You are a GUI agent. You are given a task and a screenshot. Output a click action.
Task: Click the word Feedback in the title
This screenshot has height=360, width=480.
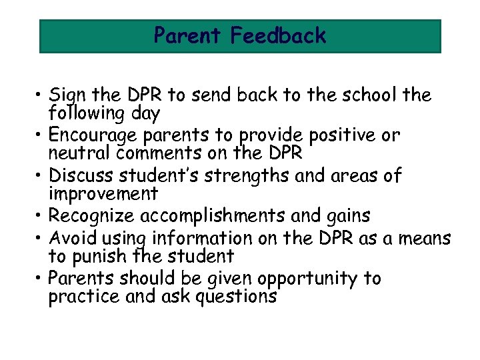pos(278,35)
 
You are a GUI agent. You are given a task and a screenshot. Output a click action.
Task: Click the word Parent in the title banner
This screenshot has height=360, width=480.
pos(189,35)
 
